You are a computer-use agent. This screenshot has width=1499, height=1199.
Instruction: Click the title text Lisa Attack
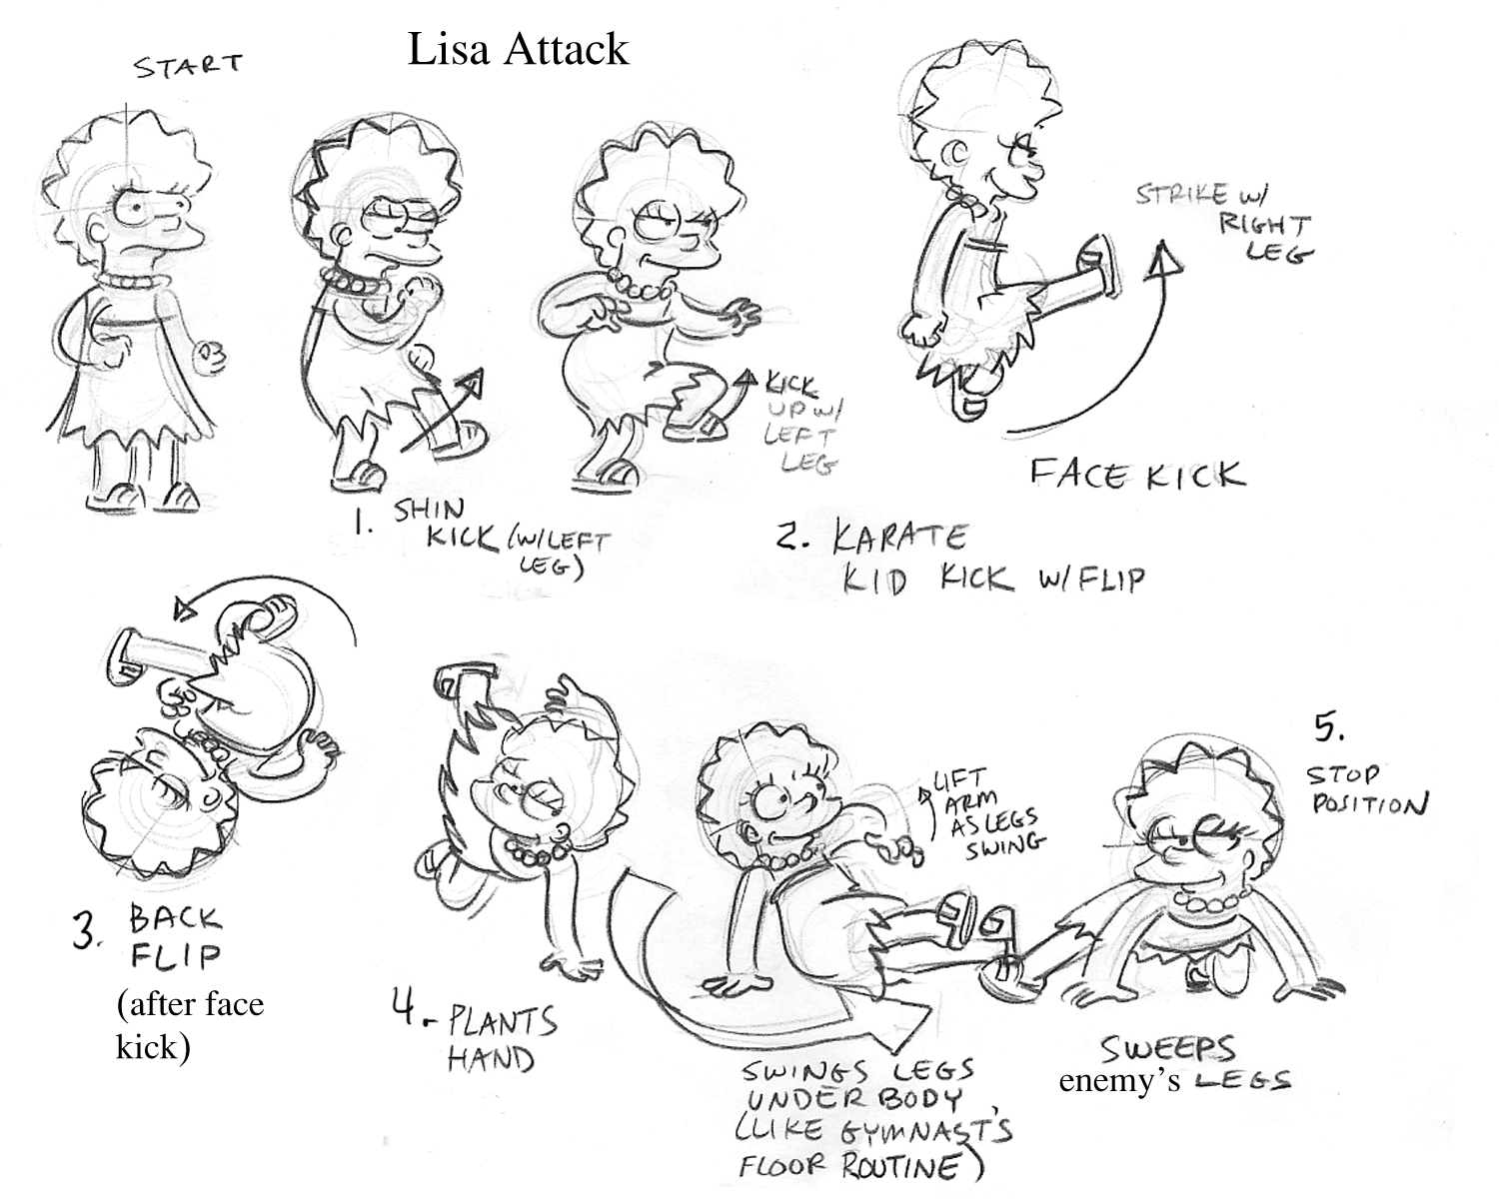pos(518,49)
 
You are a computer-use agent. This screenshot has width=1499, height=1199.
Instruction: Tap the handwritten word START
pos(189,67)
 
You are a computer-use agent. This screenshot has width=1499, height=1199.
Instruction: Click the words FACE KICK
pos(1138,473)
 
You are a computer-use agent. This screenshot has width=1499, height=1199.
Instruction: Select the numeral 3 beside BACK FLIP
pos(88,930)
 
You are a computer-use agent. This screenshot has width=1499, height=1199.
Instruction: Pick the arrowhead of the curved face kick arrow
pos(1160,263)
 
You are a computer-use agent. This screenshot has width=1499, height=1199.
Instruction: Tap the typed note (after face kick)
pos(190,1025)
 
